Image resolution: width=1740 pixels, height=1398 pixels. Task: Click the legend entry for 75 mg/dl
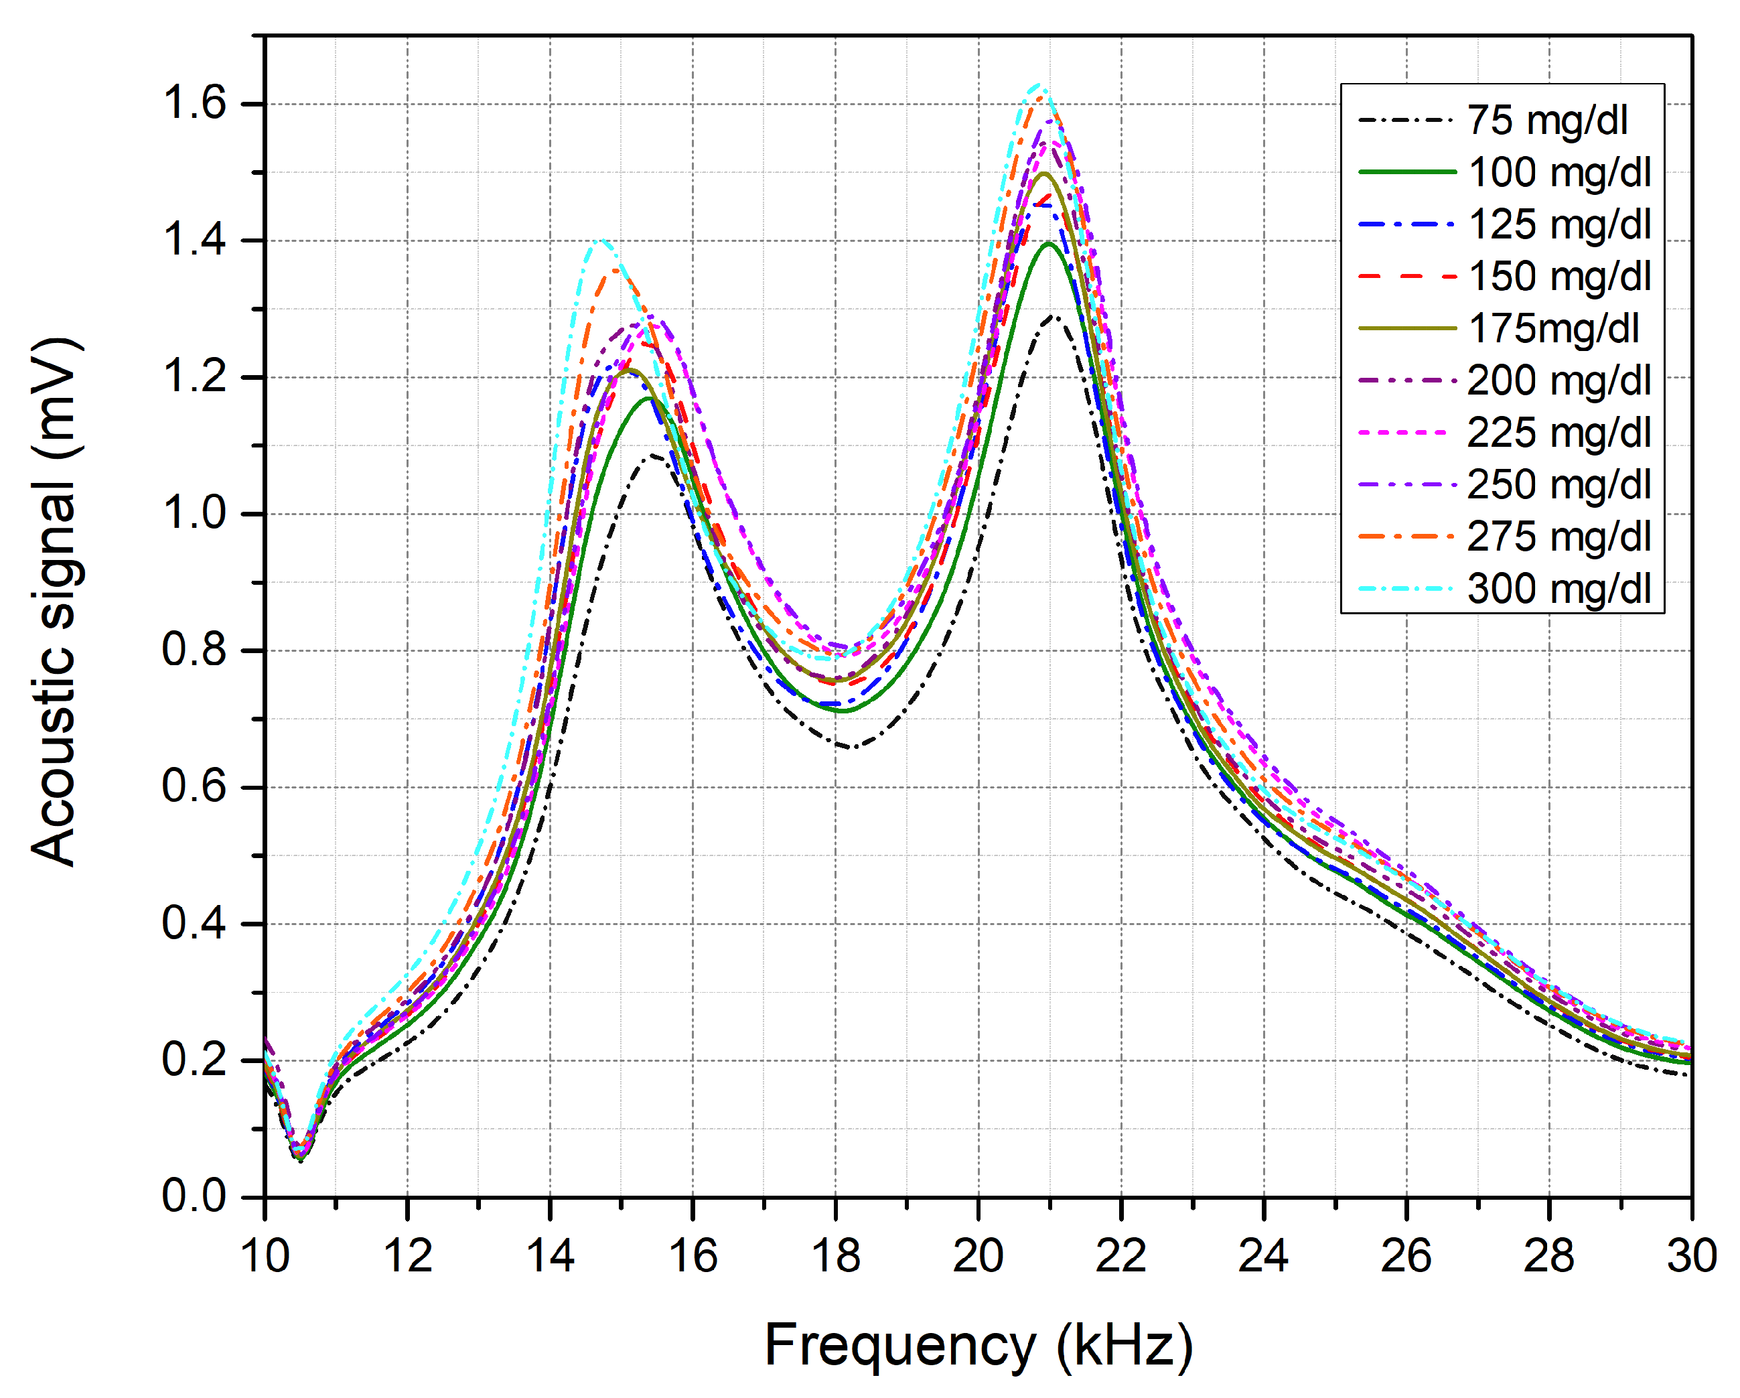(1546, 121)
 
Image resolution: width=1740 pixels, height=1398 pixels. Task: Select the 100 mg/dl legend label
(1559, 173)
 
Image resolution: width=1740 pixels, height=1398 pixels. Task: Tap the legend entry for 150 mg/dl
(1559, 277)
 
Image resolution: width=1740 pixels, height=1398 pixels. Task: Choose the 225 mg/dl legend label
(1559, 433)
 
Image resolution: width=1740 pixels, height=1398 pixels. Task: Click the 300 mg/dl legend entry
(1559, 588)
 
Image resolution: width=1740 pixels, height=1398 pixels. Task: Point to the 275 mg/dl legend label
(1559, 537)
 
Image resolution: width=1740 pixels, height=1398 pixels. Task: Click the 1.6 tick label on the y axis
(194, 103)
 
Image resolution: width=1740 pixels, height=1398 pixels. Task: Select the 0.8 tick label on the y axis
(194, 650)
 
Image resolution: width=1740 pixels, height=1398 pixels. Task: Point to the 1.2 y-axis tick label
(194, 377)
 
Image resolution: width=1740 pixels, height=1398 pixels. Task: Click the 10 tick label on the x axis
(265, 1257)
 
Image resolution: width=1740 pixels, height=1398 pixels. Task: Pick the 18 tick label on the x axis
(835, 1257)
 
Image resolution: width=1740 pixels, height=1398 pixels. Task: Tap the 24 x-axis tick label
(1263, 1257)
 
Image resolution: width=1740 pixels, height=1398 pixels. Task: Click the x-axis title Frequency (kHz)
(978, 1346)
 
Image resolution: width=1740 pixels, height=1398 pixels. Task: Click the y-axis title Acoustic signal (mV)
(54, 602)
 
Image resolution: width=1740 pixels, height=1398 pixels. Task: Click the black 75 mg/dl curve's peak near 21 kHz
(1052, 316)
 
